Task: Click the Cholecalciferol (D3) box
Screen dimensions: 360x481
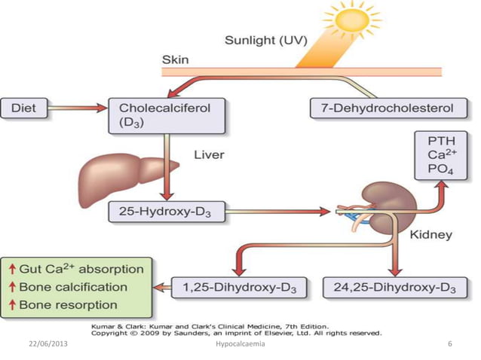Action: point(160,114)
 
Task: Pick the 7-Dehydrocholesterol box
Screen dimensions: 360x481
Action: point(384,108)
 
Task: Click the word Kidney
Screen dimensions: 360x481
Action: point(430,235)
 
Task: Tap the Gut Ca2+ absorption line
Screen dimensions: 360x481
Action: point(81,268)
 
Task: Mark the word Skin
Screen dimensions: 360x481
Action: point(176,59)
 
